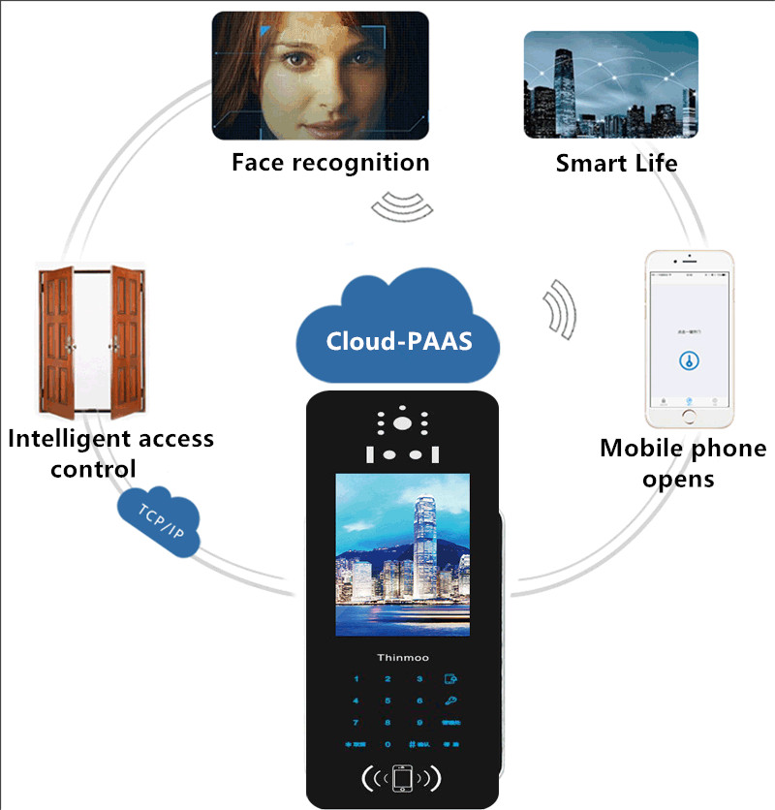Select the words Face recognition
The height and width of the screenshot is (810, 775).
point(329,162)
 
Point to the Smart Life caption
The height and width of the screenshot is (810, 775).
point(616,163)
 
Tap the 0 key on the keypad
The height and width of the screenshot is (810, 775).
point(387,745)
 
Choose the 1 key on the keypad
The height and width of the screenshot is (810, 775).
point(356,680)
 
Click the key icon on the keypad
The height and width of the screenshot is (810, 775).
point(450,701)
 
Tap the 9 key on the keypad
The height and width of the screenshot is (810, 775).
point(419,723)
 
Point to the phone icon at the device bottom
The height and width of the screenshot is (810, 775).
point(401,778)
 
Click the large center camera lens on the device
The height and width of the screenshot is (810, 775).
point(401,422)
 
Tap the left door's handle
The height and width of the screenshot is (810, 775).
point(69,343)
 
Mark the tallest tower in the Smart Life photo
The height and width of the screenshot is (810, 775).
point(565,82)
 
